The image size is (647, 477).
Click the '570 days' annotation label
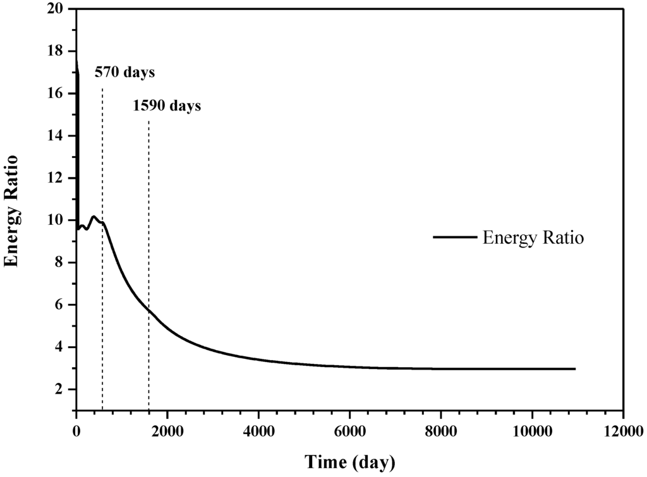(x=125, y=73)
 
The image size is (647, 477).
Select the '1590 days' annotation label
(x=167, y=106)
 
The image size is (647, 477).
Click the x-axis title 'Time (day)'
(x=349, y=462)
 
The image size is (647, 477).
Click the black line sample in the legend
(x=454, y=238)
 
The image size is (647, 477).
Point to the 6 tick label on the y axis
(x=63, y=305)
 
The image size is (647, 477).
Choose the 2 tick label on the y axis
(x=63, y=390)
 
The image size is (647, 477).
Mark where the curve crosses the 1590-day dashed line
(x=148, y=310)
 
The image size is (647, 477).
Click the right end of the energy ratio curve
(x=575, y=368)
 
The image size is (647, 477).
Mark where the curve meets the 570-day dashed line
(x=102, y=222)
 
